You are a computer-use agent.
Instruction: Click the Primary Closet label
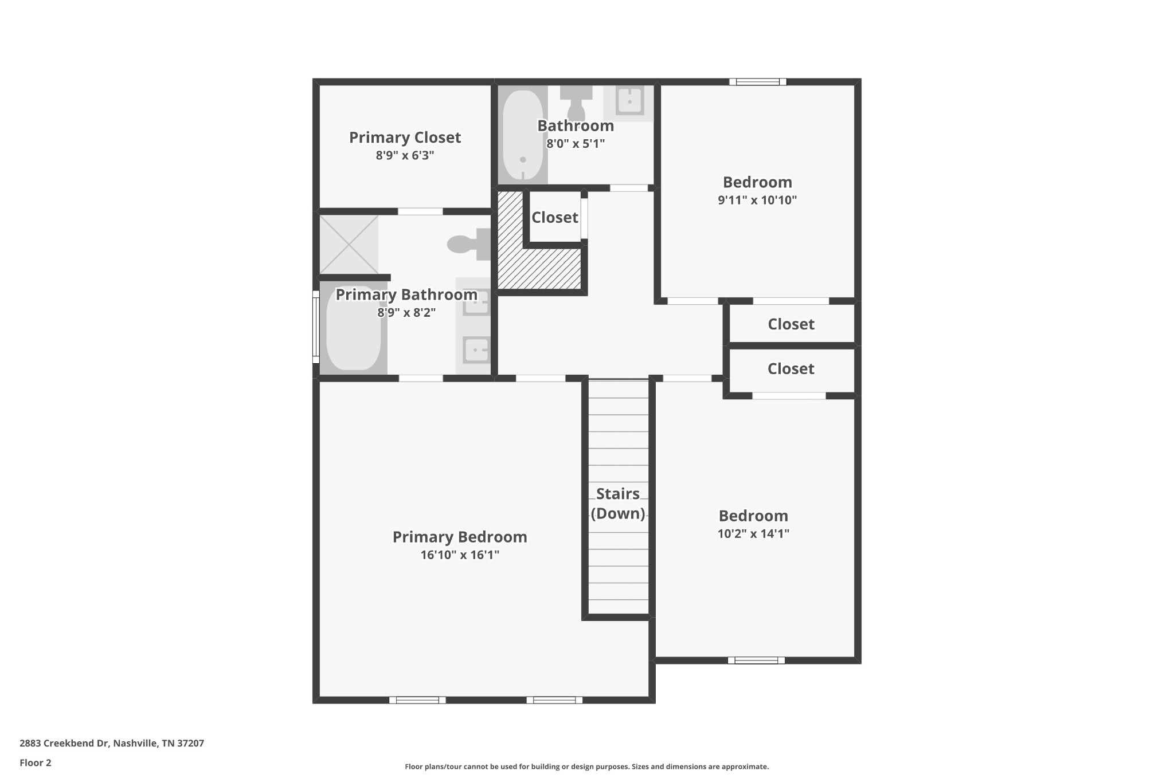tap(405, 137)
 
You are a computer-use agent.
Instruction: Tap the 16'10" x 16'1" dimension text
tap(460, 555)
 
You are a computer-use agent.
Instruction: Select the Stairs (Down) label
tap(618, 504)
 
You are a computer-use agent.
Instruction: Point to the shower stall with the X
tap(349, 245)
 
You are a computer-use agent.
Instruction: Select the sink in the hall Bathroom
tap(629, 102)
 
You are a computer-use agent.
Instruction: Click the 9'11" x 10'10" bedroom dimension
tap(757, 200)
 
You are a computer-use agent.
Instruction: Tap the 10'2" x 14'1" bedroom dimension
tap(753, 533)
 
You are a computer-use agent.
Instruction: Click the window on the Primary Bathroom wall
tap(315, 327)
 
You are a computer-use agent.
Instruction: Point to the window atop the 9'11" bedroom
tap(758, 81)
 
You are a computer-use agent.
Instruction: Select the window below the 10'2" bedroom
tap(756, 660)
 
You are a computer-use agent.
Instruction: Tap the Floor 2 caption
tap(36, 763)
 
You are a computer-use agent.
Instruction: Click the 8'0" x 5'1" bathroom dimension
tap(576, 143)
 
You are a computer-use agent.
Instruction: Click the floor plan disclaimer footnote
tap(587, 767)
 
